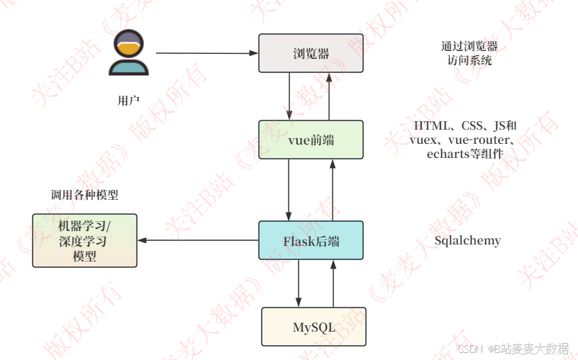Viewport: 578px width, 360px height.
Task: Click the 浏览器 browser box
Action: tap(311, 54)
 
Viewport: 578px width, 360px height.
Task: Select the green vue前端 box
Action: tap(311, 140)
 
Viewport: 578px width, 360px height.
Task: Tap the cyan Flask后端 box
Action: tap(311, 240)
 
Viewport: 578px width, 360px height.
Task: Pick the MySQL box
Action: tap(313, 327)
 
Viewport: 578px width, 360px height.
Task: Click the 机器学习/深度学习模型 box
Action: tap(84, 240)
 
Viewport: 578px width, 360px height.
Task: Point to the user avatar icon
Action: tap(128, 52)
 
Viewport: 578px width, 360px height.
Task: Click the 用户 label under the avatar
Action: tap(128, 100)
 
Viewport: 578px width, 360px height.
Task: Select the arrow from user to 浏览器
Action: tap(206, 53)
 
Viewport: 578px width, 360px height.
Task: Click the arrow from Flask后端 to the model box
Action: tap(199, 240)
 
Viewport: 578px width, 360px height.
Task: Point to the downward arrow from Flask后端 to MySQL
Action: tap(299, 283)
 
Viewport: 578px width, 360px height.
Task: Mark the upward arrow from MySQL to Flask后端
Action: tap(331, 283)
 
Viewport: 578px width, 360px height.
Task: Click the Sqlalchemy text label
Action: tap(467, 240)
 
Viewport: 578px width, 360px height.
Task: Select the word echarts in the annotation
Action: tap(451, 154)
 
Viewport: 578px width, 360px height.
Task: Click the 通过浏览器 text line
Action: tap(469, 47)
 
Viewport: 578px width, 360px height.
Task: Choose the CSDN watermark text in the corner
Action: tap(469, 349)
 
